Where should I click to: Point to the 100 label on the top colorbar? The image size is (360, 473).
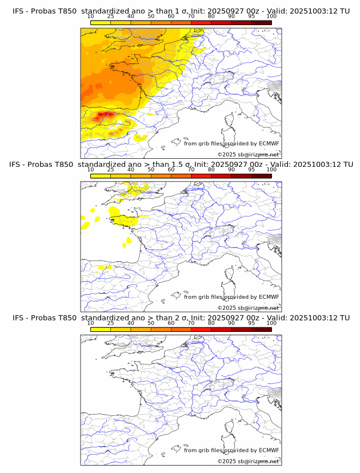pos(271,17)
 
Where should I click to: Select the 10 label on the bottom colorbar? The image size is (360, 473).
pos(91,323)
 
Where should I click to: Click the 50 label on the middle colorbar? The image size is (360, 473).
pos(151,170)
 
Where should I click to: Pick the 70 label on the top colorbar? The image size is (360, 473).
pos(191,17)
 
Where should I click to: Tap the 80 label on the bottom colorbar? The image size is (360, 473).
pos(211,323)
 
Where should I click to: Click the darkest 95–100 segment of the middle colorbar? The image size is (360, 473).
pos(261,176)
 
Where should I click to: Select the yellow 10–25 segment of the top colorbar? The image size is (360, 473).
pos(101,23)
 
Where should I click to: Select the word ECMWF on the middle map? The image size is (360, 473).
pos(269,297)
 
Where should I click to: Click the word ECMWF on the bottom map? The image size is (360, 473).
pos(269,450)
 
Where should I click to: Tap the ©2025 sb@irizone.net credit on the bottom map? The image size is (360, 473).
pos(248,461)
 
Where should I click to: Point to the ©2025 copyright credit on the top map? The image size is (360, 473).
pos(248,155)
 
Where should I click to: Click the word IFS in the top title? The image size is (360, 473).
pos(19,11)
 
